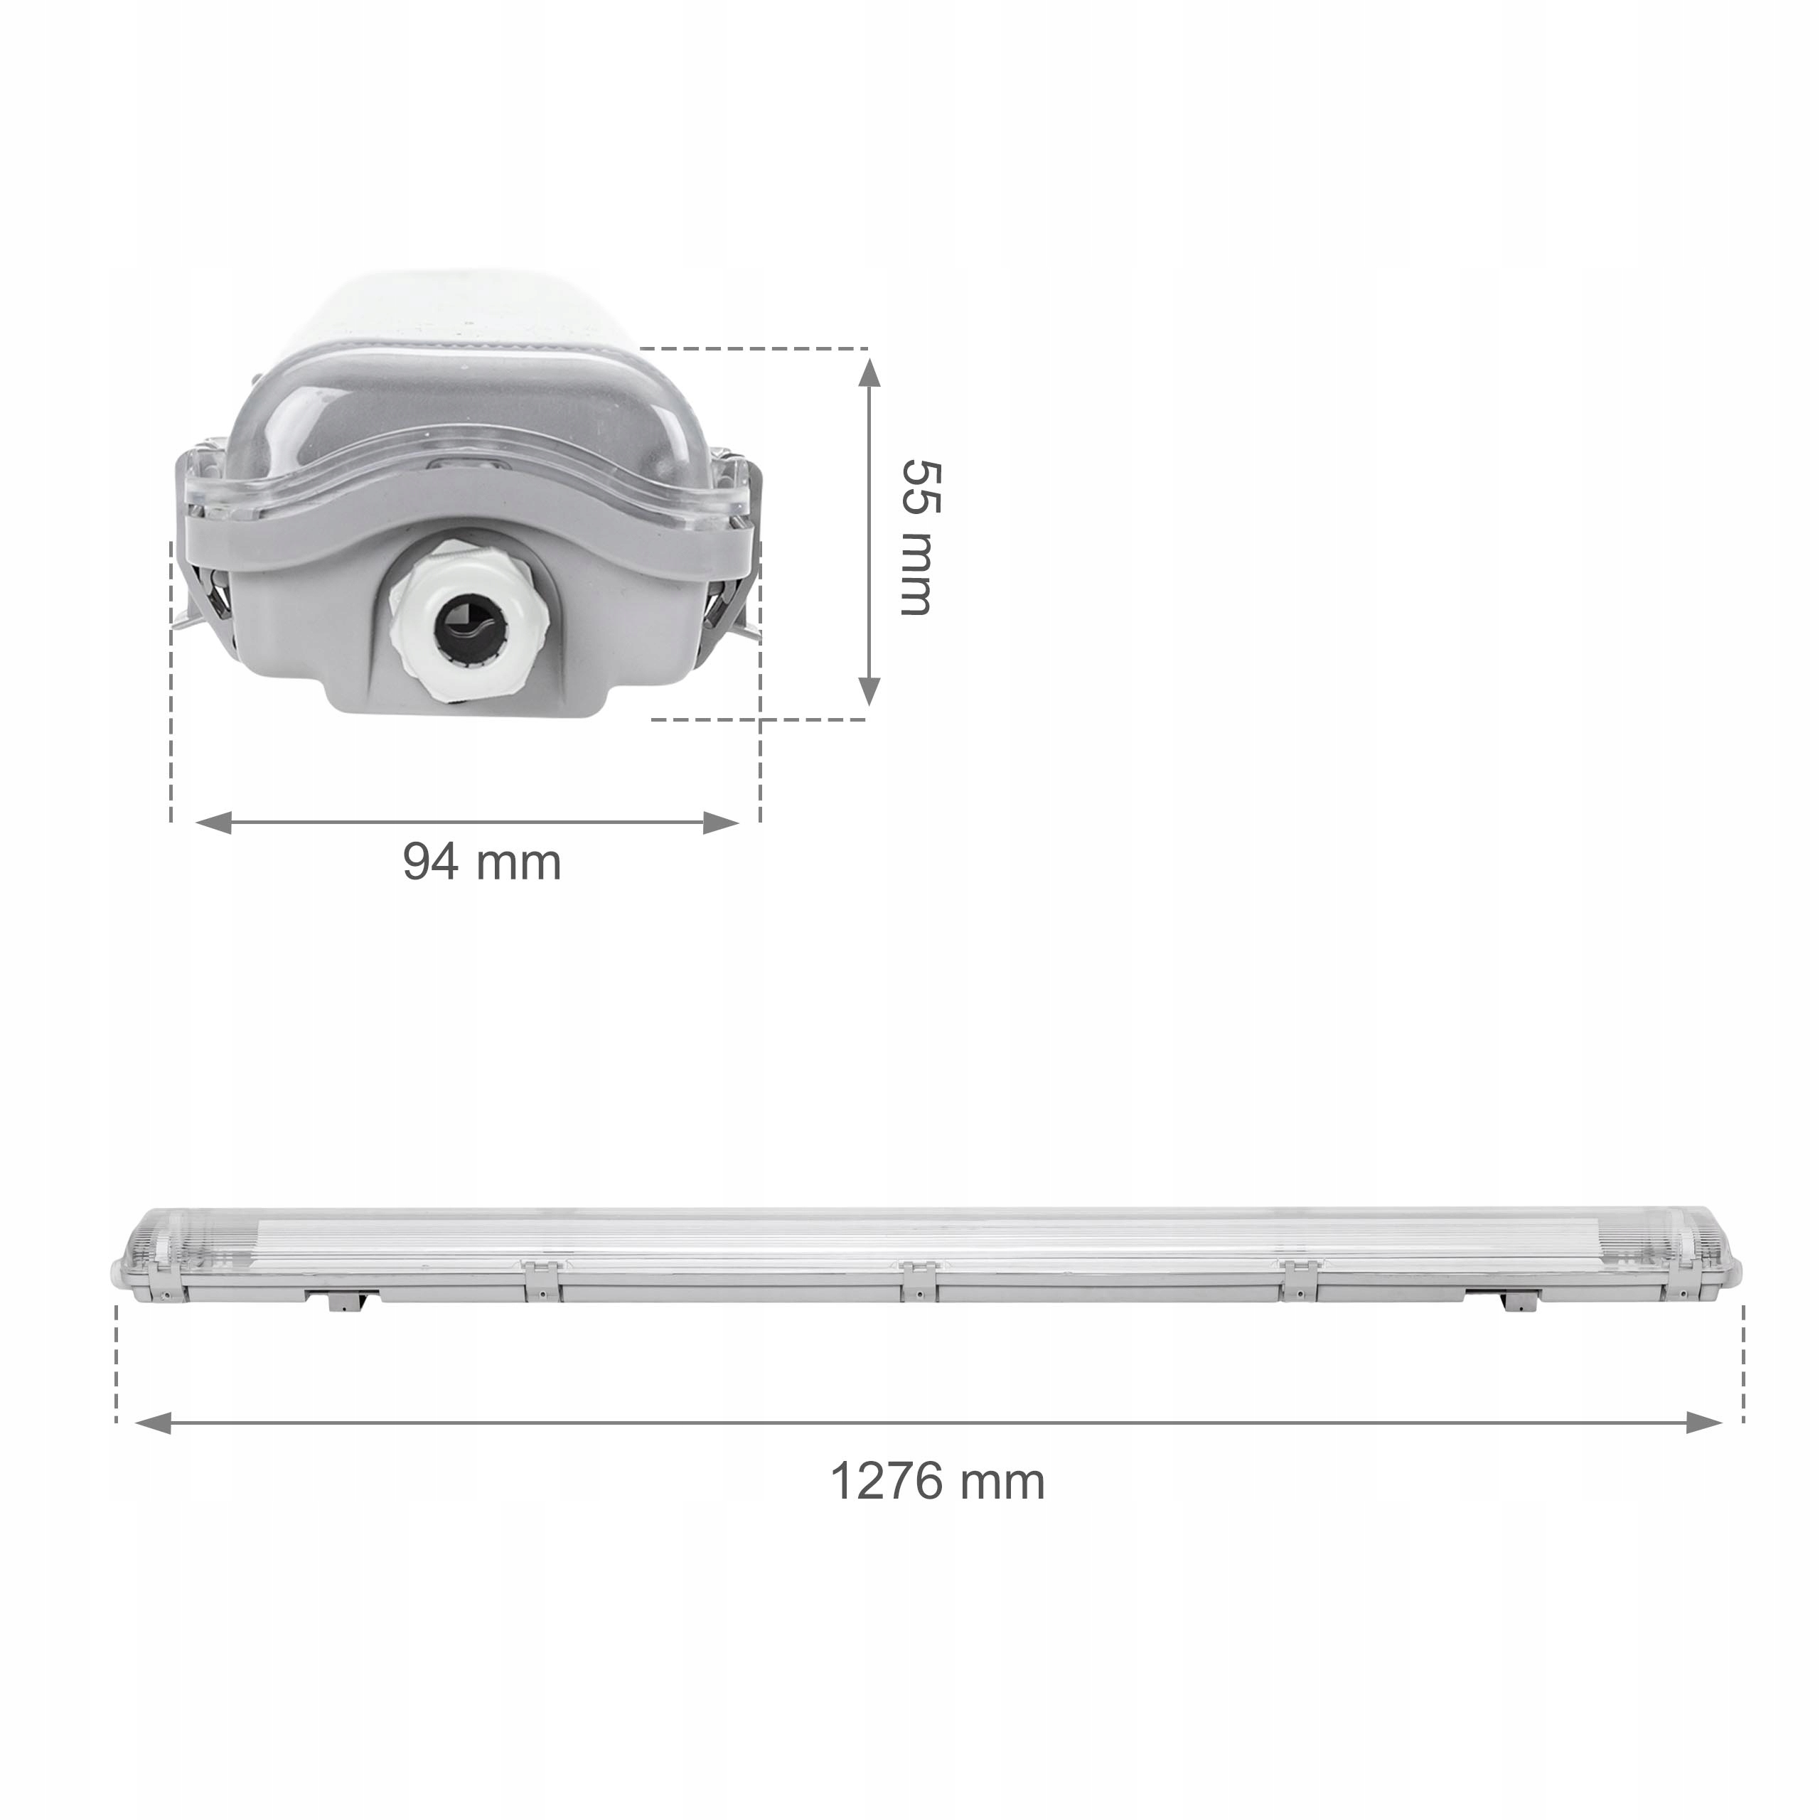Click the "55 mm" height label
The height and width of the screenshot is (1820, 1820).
click(916, 537)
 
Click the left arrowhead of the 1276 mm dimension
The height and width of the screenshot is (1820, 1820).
click(154, 1423)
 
